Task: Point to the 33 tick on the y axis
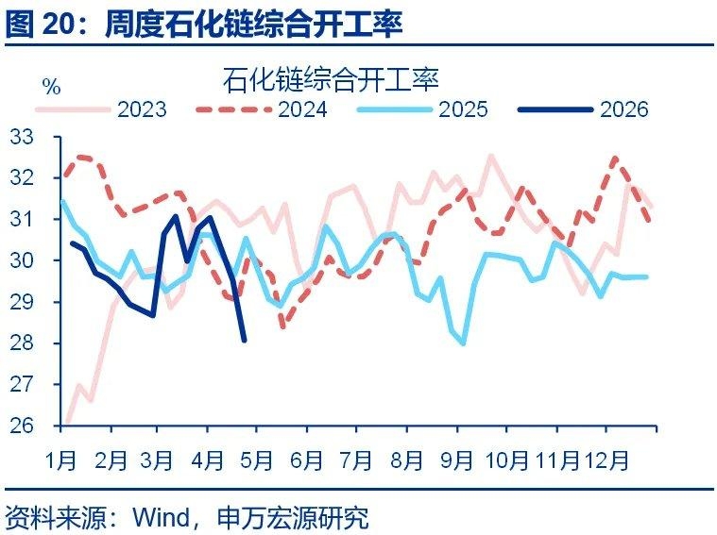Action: (22, 137)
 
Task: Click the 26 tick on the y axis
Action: (22, 426)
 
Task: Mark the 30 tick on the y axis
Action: (22, 260)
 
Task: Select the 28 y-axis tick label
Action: (22, 343)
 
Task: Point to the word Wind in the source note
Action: (162, 517)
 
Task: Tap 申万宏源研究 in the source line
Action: (293, 517)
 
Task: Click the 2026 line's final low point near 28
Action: (245, 341)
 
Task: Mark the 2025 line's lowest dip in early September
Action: (464, 343)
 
